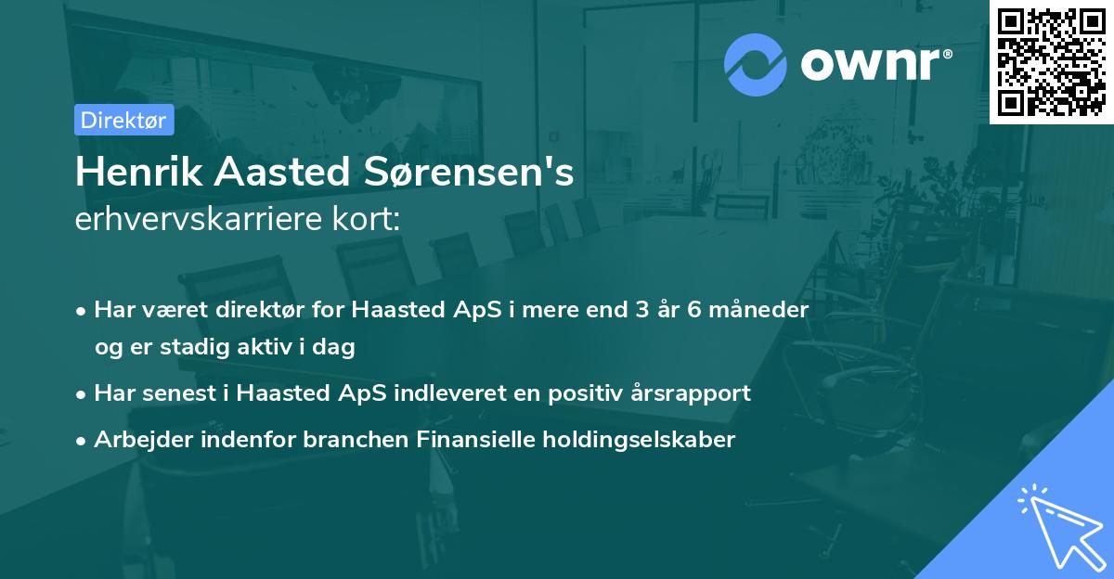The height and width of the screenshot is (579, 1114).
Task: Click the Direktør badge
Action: pos(123,120)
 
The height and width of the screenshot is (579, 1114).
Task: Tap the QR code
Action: pos(1052,62)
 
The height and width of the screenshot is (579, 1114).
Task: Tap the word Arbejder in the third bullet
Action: pos(137,440)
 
